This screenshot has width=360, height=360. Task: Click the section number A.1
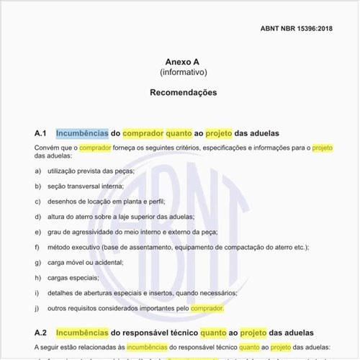[x=40, y=133]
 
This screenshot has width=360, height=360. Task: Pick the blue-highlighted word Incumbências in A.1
[x=82, y=133]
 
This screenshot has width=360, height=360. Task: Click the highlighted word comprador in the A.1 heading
[x=143, y=133]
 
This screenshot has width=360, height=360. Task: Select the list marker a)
[x=37, y=171]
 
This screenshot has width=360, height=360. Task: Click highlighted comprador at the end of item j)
[x=207, y=308]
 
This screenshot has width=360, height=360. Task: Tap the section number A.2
[x=40, y=333]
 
